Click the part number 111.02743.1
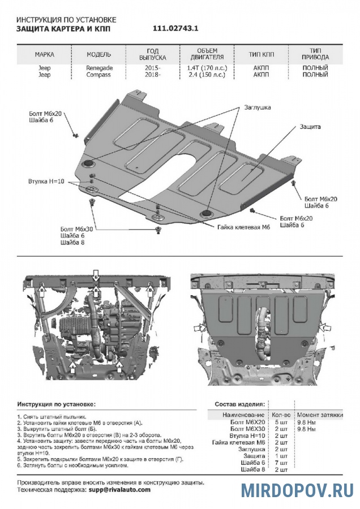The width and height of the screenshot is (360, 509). click(x=175, y=28)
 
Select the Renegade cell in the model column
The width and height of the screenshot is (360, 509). click(x=99, y=68)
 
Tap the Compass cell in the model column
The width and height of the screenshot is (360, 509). click(x=99, y=75)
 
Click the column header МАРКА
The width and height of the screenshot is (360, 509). click(x=45, y=55)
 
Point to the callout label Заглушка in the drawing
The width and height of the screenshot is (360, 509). click(x=258, y=107)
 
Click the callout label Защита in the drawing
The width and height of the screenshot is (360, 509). click(x=311, y=127)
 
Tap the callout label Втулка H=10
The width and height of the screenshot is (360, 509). click(x=46, y=182)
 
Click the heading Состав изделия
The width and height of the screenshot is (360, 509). click(x=239, y=404)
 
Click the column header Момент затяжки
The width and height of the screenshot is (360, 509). click(x=320, y=415)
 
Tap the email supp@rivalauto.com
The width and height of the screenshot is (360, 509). click(x=119, y=489)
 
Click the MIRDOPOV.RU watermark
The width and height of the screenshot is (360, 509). click(x=297, y=490)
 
